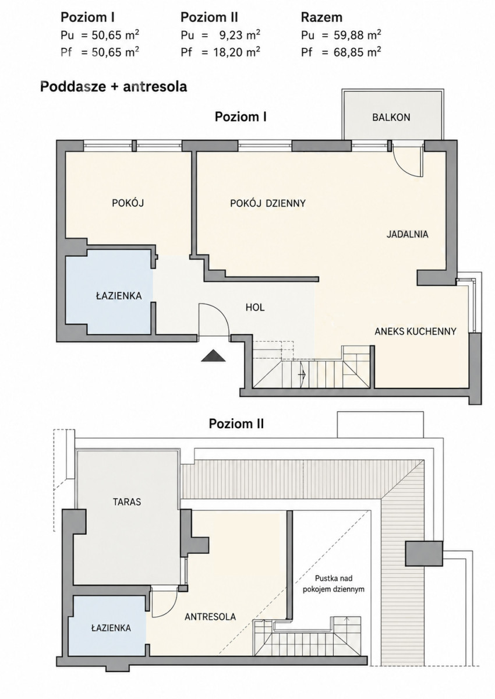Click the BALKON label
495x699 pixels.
pyautogui.click(x=391, y=117)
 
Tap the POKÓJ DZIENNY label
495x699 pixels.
pyautogui.click(x=268, y=203)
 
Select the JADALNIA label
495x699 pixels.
pyautogui.click(x=407, y=234)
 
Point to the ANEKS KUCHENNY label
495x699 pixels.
pyautogui.click(x=415, y=331)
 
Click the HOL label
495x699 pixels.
pyautogui.click(x=255, y=308)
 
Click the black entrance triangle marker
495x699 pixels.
pyautogui.click(x=213, y=356)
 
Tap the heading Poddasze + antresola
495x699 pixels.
pyautogui.click(x=114, y=87)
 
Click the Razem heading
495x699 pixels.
pyautogui.click(x=321, y=17)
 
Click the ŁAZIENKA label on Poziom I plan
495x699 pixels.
pyautogui.click(x=119, y=296)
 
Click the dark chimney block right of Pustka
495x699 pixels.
pyautogui.click(x=424, y=553)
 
